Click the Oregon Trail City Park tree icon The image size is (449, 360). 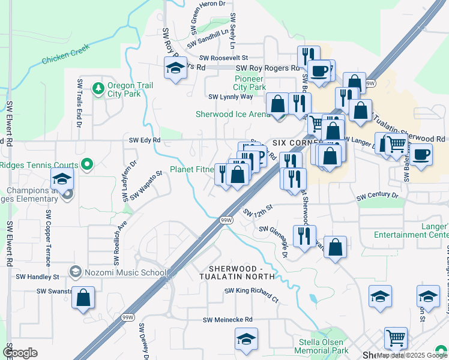pyautogui.click(x=98, y=89)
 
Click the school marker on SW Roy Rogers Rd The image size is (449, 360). pyautogui.click(x=175, y=68)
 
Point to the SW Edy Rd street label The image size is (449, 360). pyautogui.click(x=145, y=140)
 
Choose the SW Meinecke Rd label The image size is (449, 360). pyautogui.click(x=228, y=320)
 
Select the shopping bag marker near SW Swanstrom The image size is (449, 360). pyautogui.click(x=83, y=298)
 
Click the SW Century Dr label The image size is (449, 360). pyautogui.click(x=377, y=196)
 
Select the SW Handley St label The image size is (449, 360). pyautogui.click(x=37, y=277)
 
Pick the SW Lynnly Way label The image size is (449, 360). pyautogui.click(x=231, y=97)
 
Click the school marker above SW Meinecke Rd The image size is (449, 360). pyautogui.click(x=246, y=340)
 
